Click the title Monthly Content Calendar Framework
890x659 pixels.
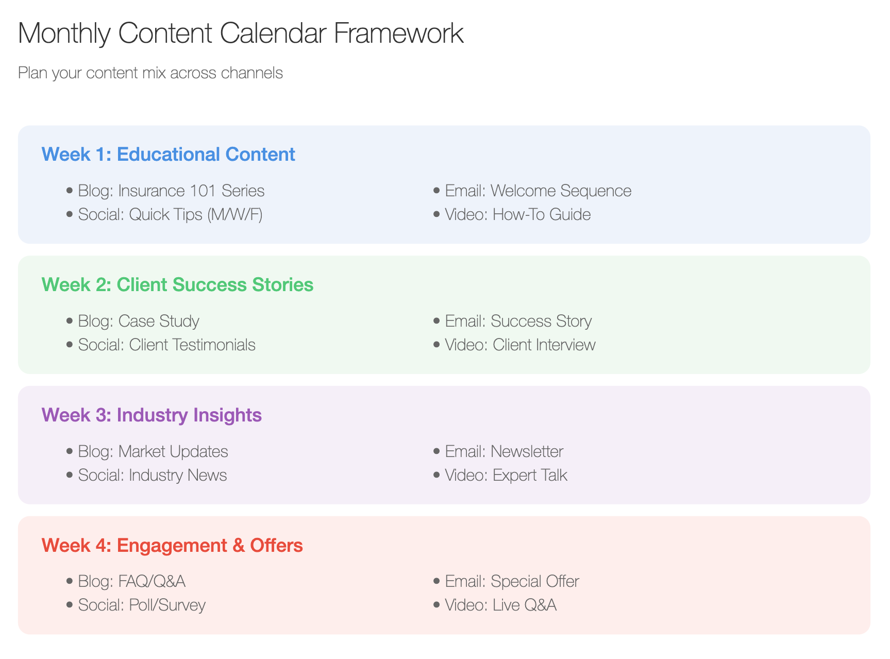click(x=241, y=33)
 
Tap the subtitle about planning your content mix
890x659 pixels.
click(x=150, y=73)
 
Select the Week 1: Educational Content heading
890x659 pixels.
click(x=169, y=154)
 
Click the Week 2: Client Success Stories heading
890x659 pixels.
click(x=178, y=284)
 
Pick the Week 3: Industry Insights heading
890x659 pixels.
click(x=152, y=415)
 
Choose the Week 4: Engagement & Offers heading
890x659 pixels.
click(x=173, y=545)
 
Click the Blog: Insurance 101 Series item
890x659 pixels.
click(x=171, y=191)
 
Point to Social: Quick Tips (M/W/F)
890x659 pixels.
click(x=171, y=214)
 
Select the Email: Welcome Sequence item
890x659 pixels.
click(x=538, y=191)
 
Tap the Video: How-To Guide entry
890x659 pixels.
click(x=518, y=214)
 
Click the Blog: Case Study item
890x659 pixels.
click(x=139, y=322)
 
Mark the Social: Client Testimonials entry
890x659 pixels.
click(x=167, y=345)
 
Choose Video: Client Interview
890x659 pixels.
click(x=520, y=345)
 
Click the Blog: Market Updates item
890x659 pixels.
click(x=153, y=452)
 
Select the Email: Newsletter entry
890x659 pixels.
click(x=504, y=451)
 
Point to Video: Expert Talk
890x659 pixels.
click(x=506, y=476)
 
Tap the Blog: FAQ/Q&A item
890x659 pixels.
click(x=132, y=582)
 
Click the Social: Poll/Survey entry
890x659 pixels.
click(x=142, y=605)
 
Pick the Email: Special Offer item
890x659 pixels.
click(x=512, y=582)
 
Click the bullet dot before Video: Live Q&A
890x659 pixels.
click(x=436, y=605)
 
